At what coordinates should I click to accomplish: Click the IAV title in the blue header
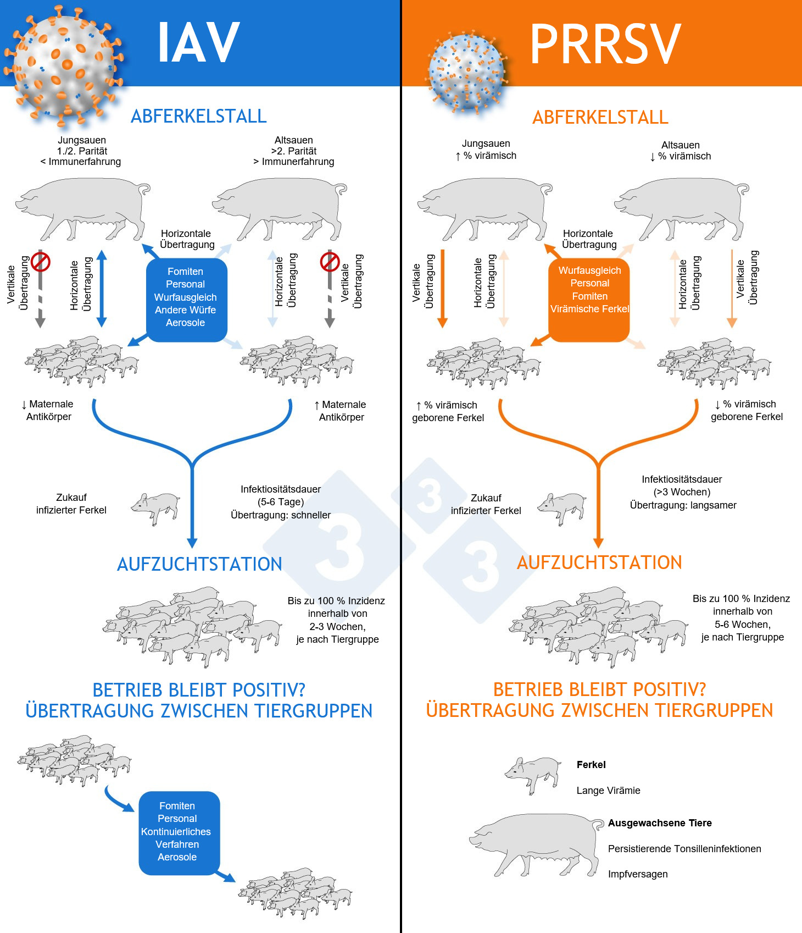[198, 43]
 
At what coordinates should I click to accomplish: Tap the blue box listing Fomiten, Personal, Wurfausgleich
[186, 297]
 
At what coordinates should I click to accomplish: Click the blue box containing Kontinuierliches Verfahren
[177, 831]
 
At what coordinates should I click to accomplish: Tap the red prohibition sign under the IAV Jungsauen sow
[41, 262]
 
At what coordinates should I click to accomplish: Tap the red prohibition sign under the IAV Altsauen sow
[330, 262]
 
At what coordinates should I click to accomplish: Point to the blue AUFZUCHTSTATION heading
[199, 564]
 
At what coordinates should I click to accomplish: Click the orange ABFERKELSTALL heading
[600, 117]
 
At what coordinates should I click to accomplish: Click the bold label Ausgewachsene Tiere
[660, 823]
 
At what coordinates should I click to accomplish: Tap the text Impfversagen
[638, 874]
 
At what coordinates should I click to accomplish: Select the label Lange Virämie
[608, 791]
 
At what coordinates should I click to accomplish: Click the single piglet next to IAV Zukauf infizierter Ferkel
[156, 507]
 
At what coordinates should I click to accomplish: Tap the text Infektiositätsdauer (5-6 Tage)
[281, 495]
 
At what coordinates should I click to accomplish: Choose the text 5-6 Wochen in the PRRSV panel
[742, 625]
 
